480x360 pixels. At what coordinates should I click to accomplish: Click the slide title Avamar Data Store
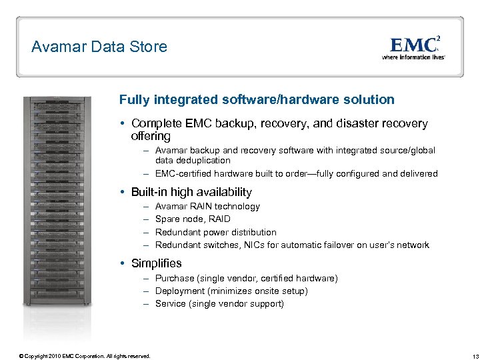coord(99,47)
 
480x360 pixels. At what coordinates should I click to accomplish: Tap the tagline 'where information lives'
coord(413,57)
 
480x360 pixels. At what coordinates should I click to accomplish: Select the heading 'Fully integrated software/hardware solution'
coord(257,99)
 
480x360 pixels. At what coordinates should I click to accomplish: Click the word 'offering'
coord(151,136)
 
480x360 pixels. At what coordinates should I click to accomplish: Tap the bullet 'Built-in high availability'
coord(191,192)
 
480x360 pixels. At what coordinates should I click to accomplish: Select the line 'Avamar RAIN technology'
coord(207,207)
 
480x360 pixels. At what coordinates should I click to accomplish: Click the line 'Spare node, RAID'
coord(193,219)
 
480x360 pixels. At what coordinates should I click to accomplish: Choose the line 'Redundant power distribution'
coord(215,232)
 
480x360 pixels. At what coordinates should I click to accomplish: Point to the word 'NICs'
coord(269,245)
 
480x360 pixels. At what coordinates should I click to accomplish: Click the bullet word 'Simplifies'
coord(156,263)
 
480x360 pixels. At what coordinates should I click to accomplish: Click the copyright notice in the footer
coord(85,356)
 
